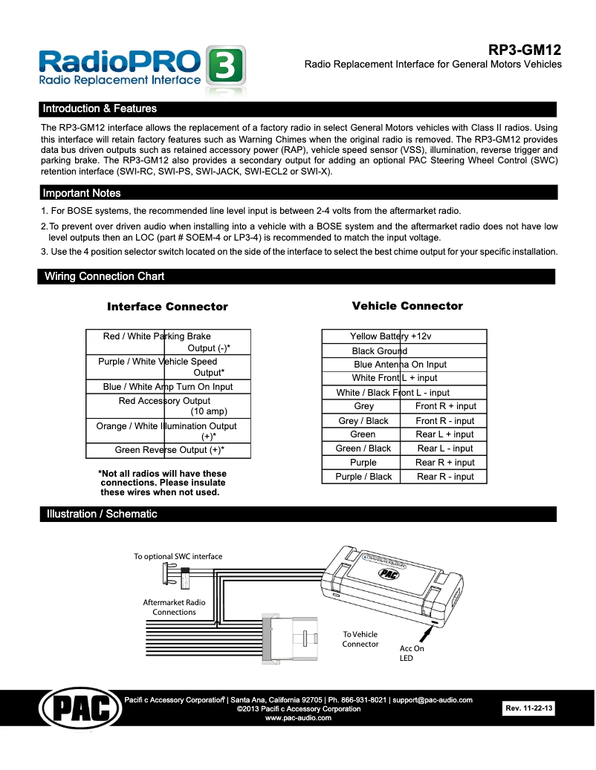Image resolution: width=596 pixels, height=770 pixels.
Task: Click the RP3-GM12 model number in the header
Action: [524, 50]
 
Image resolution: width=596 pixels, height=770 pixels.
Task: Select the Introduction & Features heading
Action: [100, 108]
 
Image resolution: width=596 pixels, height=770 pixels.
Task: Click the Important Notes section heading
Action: [82, 193]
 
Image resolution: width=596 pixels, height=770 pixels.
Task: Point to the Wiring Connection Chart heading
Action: [105, 276]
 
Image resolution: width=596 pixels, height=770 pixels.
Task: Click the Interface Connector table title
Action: [167, 307]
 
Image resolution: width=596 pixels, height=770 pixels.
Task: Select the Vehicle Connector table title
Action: [407, 306]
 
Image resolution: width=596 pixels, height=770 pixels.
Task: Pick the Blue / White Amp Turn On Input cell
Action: [168, 387]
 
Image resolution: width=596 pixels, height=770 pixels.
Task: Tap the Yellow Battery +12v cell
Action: [390, 336]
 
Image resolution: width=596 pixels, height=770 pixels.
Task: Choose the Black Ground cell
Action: [380, 350]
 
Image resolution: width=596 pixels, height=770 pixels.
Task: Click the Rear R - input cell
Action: [445, 477]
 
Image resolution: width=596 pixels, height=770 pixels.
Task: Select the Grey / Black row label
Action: [363, 421]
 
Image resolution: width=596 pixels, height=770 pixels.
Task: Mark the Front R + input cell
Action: [445, 406]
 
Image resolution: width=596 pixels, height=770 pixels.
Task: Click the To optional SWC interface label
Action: [178, 556]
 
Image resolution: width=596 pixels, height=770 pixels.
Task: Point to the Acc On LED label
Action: [412, 653]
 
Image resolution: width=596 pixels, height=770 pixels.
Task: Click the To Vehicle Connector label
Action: [360, 639]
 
